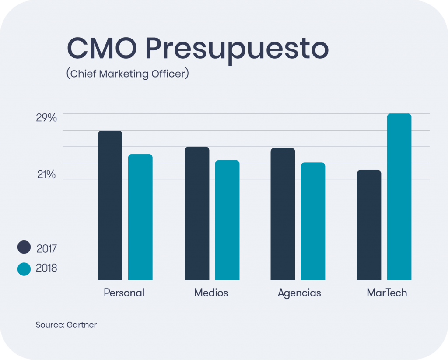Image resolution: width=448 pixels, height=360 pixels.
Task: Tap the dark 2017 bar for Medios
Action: pyautogui.click(x=197, y=213)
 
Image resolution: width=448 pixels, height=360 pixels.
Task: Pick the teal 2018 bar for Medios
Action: pyautogui.click(x=227, y=220)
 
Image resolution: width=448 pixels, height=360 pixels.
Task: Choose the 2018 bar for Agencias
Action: pyautogui.click(x=313, y=221)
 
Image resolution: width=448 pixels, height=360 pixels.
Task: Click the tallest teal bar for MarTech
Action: pyautogui.click(x=399, y=197)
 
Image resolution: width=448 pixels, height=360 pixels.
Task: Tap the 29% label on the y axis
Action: pyautogui.click(x=46, y=118)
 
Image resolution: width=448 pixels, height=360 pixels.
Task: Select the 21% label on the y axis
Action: pyautogui.click(x=46, y=175)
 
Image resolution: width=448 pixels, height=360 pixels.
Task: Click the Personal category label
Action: pyautogui.click(x=124, y=293)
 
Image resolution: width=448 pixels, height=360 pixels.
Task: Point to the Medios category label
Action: pyautogui.click(x=211, y=293)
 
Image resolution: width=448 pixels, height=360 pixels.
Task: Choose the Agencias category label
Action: pyautogui.click(x=299, y=293)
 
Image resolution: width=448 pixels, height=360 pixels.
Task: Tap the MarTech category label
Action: pyautogui.click(x=387, y=293)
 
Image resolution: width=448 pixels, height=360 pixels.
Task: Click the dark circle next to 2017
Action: pyautogui.click(x=24, y=247)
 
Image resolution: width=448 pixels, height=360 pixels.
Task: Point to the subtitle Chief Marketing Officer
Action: pyautogui.click(x=127, y=74)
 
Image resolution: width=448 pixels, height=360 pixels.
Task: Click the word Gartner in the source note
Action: pyautogui.click(x=82, y=325)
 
